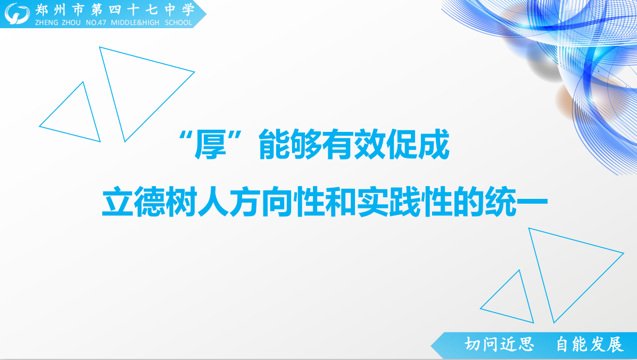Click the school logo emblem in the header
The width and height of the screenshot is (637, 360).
[17, 13]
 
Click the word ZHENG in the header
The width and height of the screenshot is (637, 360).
[47, 23]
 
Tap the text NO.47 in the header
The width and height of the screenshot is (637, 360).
[96, 23]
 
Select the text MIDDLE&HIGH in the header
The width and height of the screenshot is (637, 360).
[135, 23]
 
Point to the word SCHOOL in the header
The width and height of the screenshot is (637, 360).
[178, 23]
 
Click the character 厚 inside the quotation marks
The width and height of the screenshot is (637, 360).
[210, 145]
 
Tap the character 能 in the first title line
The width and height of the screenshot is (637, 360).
[274, 145]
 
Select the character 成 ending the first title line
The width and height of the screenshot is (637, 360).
[434, 145]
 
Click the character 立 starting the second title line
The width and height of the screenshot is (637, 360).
[118, 202]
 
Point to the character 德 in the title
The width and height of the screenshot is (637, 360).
[149, 202]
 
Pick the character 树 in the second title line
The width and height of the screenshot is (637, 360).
[181, 202]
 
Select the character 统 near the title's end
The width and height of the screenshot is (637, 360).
[500, 202]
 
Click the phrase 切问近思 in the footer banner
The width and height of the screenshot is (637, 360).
[499, 345]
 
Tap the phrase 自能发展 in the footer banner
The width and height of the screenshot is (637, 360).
[589, 345]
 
